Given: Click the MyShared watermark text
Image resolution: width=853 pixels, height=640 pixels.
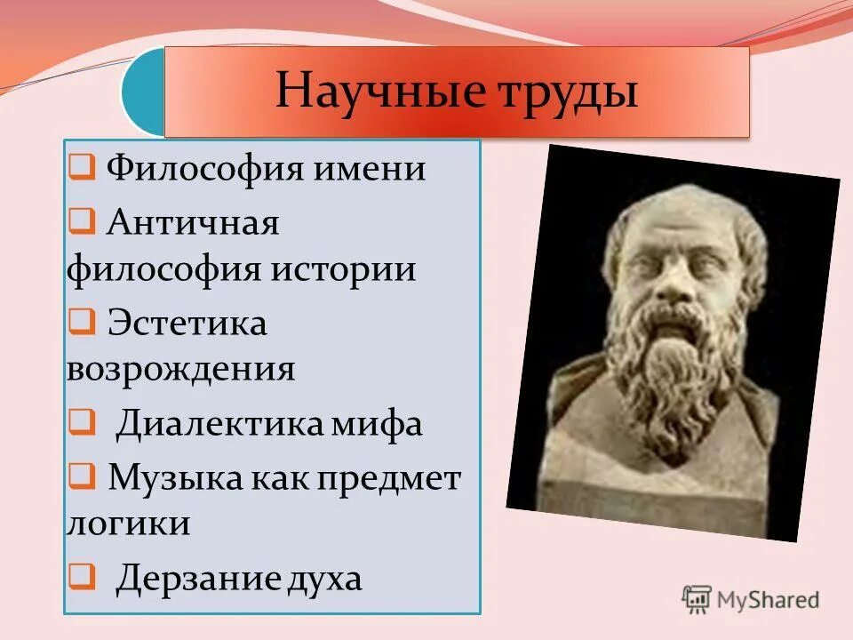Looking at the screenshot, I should [769, 600].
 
